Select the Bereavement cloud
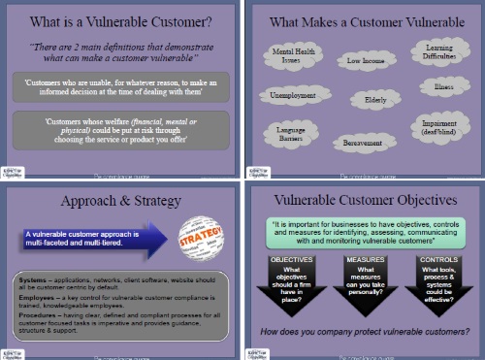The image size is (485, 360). click(365, 142)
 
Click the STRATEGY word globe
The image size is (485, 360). click(202, 235)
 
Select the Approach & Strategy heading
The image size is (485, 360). click(120, 202)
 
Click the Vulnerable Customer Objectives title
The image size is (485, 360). click(365, 202)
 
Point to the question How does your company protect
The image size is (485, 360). click(365, 332)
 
